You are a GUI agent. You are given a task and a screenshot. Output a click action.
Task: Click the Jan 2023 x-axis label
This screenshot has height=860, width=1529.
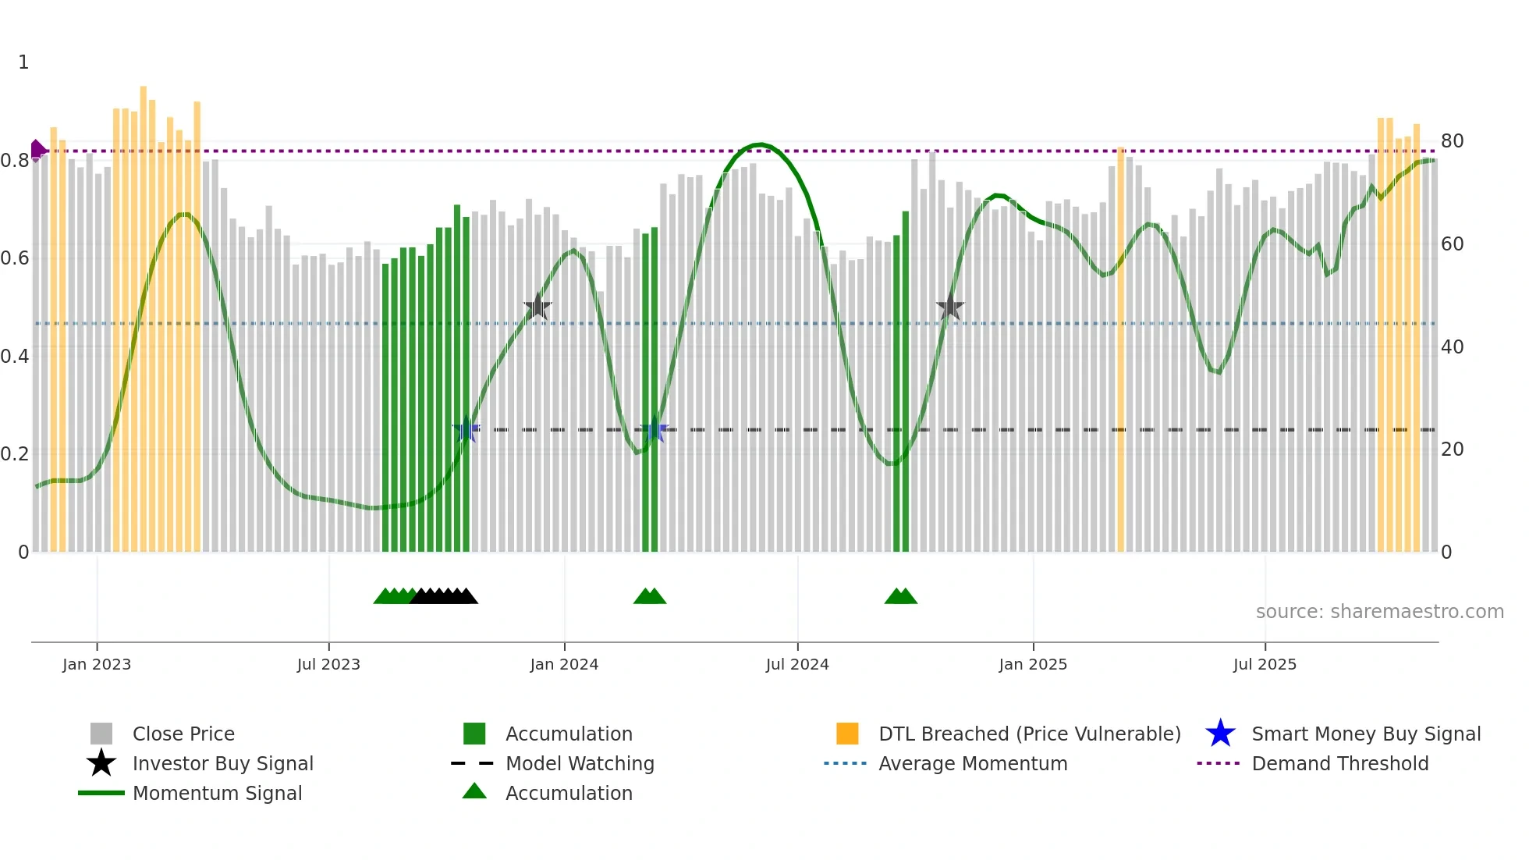pyautogui.click(x=97, y=664)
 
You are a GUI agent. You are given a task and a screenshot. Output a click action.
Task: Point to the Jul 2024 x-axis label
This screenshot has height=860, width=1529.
pyautogui.click(x=797, y=664)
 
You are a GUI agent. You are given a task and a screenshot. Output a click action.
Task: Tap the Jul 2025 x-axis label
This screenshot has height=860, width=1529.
pyautogui.click(x=1265, y=664)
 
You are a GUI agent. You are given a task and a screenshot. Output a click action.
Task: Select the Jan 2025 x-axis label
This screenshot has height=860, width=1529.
pyautogui.click(x=1033, y=664)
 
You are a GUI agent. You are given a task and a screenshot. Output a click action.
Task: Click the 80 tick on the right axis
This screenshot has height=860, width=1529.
pyautogui.click(x=1452, y=141)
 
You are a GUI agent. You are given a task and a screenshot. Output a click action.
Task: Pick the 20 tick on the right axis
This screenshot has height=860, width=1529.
pyautogui.click(x=1452, y=450)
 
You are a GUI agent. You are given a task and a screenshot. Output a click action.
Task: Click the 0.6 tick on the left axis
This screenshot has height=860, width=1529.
pyautogui.click(x=15, y=258)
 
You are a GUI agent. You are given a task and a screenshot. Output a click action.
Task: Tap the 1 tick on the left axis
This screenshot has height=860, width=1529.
pyautogui.click(x=23, y=62)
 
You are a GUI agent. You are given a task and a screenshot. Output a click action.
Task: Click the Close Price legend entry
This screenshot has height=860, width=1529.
pyautogui.click(x=183, y=734)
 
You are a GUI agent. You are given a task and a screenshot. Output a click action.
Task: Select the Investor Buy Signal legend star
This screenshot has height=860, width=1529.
pyautogui.click(x=101, y=763)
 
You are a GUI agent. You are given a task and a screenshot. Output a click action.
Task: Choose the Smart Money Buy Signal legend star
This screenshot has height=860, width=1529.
pyautogui.click(x=1220, y=734)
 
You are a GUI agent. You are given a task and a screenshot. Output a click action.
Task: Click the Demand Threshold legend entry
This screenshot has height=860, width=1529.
pyautogui.click(x=1339, y=763)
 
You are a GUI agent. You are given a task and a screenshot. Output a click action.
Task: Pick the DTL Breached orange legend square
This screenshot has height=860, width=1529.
pyautogui.click(x=847, y=734)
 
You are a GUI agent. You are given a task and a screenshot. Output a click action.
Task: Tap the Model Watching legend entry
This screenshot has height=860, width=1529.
pyautogui.click(x=580, y=763)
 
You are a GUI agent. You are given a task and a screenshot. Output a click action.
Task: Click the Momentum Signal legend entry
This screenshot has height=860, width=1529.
pyautogui.click(x=217, y=793)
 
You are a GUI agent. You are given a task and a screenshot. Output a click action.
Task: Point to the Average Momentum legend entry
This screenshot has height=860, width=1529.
pyautogui.click(x=973, y=763)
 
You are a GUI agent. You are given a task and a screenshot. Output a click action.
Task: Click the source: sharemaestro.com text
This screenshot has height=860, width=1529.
pyautogui.click(x=1379, y=612)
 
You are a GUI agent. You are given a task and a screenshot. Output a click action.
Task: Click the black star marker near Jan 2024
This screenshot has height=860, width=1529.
pyautogui.click(x=537, y=307)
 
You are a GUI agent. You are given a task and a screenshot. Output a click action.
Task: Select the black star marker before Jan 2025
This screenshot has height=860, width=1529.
pyautogui.click(x=950, y=307)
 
